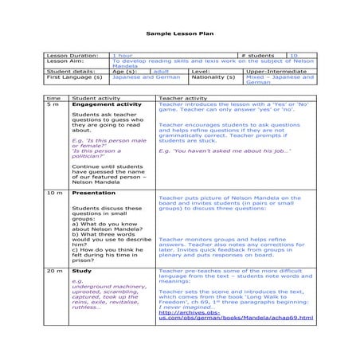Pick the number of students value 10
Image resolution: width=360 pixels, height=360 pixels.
coord(294,56)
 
